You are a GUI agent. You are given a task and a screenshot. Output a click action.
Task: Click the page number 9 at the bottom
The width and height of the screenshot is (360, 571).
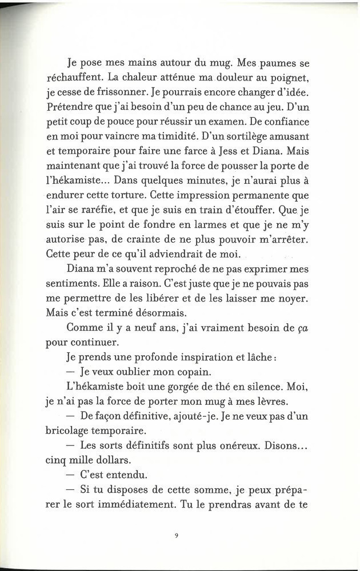click(178, 535)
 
